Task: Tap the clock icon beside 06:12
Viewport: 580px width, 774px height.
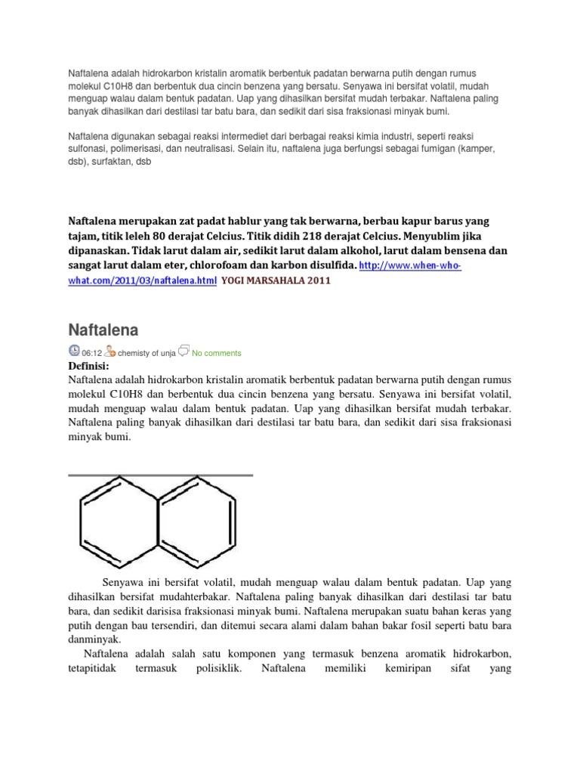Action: [73, 351]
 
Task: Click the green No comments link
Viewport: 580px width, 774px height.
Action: [217, 353]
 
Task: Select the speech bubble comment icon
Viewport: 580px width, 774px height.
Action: [185, 351]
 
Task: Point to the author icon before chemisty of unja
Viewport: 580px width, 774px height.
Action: [110, 351]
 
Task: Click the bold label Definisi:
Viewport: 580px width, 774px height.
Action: [89, 367]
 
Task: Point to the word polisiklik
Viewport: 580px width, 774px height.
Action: [218, 668]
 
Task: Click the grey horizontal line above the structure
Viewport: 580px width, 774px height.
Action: [160, 475]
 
